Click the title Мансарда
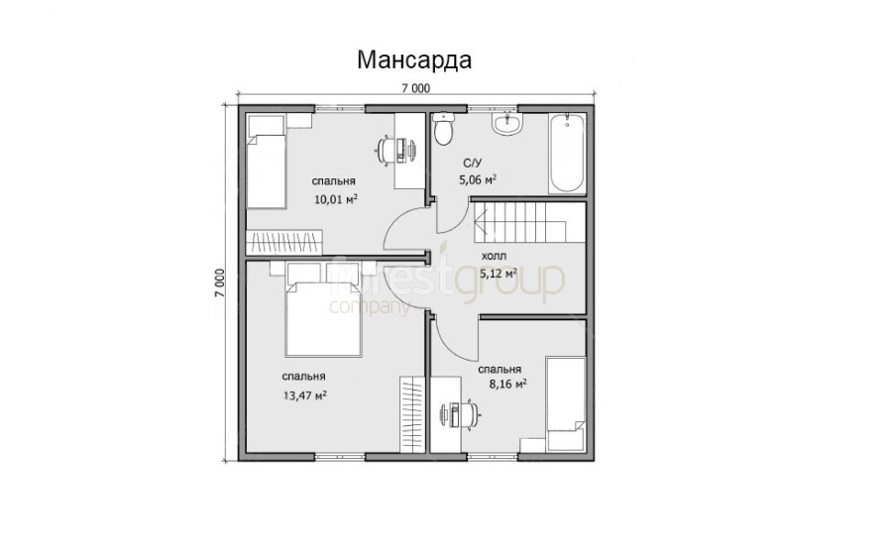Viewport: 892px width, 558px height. tap(414, 59)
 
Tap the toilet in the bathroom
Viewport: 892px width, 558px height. tap(443, 128)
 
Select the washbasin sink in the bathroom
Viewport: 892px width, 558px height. tap(506, 124)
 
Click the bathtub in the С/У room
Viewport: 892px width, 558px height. tap(567, 153)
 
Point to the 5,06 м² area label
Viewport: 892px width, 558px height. tap(478, 180)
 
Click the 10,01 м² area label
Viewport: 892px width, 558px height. tap(336, 199)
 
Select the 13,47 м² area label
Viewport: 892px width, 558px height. tap(304, 395)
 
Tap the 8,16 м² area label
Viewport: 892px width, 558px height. tap(508, 384)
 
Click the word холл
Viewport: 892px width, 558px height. tap(494, 256)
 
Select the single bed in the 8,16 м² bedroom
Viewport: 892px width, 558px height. tap(566, 403)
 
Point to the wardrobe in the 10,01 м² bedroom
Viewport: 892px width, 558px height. tap(284, 242)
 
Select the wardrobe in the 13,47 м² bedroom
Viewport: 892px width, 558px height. tap(412, 414)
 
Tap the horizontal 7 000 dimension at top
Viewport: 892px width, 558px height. tap(416, 88)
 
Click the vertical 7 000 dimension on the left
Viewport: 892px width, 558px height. tap(220, 282)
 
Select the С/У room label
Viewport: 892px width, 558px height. tap(472, 164)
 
